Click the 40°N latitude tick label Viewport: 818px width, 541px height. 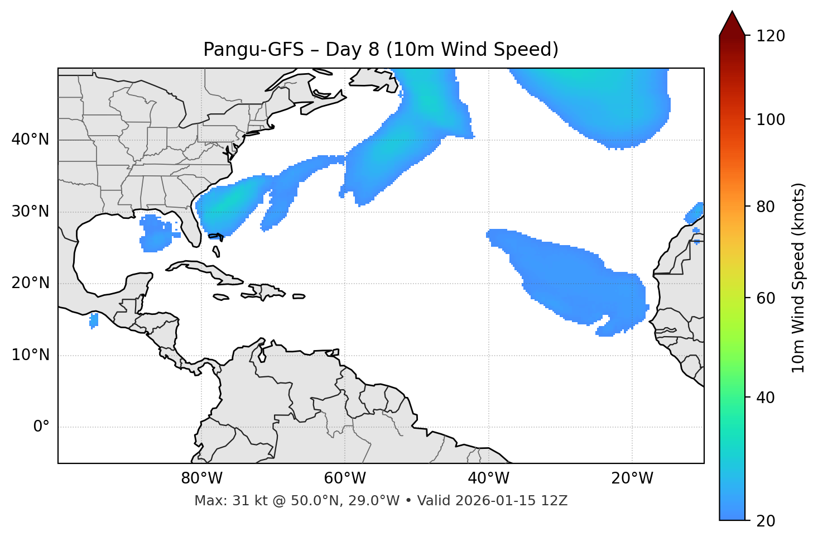[x=30, y=140]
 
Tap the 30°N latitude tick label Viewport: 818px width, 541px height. [x=30, y=212]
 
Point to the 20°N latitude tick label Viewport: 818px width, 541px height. [x=30, y=283]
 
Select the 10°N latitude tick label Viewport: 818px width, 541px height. [x=30, y=355]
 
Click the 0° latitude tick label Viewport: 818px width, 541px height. [x=41, y=427]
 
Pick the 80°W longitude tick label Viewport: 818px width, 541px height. [x=201, y=478]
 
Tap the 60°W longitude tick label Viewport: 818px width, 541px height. [x=345, y=478]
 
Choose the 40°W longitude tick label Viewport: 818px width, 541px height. [x=488, y=478]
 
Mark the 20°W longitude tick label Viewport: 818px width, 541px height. [x=632, y=478]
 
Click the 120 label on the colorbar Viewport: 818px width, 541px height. [x=771, y=36]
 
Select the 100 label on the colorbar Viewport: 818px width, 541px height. [x=771, y=120]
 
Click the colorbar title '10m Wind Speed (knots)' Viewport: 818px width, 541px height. [x=798, y=278]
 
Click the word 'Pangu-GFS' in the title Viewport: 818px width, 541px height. [x=253, y=50]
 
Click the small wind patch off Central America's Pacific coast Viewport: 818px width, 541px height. [x=94, y=320]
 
